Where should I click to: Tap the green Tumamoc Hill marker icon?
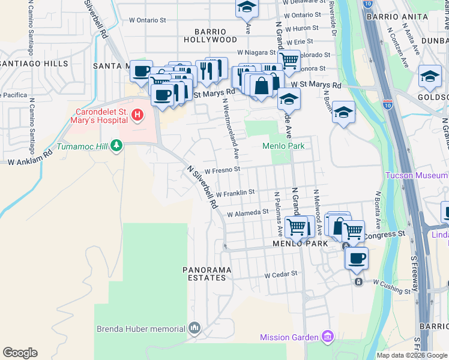(x=116, y=145)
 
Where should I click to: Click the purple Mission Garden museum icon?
(x=327, y=336)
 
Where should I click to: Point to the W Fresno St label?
(x=223, y=170)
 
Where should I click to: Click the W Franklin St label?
(x=236, y=193)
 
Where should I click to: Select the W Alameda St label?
(x=247, y=212)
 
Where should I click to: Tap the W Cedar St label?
(x=281, y=274)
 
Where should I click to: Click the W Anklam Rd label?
(x=29, y=157)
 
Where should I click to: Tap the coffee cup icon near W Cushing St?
(x=357, y=258)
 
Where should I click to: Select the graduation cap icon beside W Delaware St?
(x=246, y=7)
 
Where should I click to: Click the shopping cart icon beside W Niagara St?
(x=289, y=59)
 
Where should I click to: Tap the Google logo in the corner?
(x=20, y=353)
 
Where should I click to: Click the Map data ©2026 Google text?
(x=411, y=355)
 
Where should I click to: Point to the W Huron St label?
(x=302, y=28)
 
